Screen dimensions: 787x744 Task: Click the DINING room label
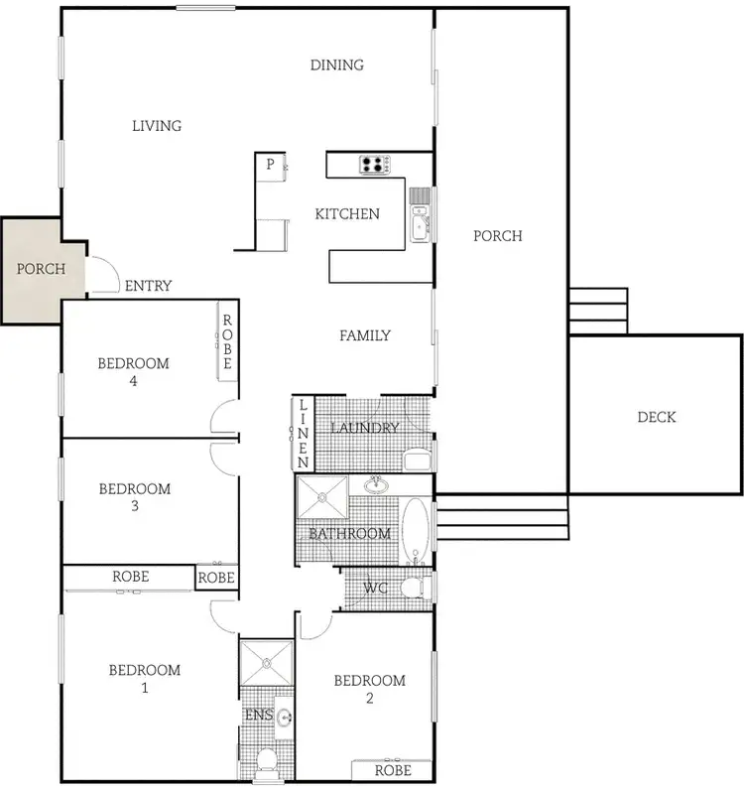point(337,66)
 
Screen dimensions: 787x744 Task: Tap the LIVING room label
point(157,126)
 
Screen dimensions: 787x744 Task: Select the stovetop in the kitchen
point(374,164)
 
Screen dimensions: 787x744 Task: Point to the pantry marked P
point(269,165)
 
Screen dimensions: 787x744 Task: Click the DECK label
point(657,417)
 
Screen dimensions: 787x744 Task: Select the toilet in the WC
point(416,588)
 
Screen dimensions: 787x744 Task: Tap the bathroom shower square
point(321,497)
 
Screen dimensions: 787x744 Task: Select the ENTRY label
point(149,286)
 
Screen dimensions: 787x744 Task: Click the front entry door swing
point(104,273)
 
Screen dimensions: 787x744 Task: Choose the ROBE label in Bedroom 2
point(393,770)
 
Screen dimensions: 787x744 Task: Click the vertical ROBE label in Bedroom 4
point(227,342)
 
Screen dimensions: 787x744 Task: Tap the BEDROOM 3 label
point(135,497)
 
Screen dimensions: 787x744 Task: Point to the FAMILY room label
point(365,335)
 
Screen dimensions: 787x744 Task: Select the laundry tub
point(418,459)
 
